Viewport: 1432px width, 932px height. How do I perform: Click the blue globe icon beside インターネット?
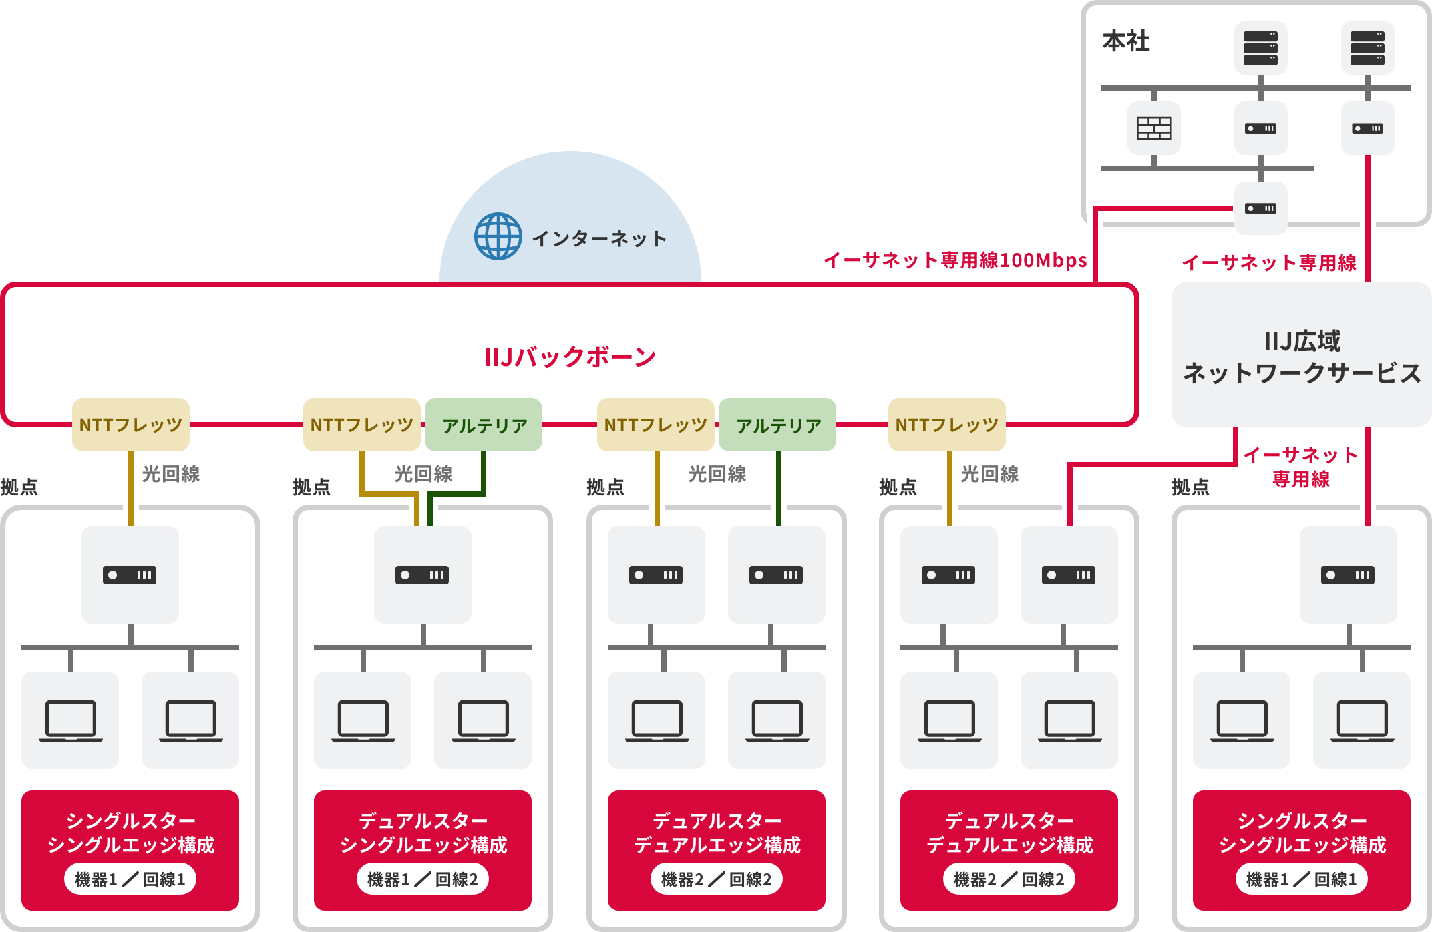coord(498,236)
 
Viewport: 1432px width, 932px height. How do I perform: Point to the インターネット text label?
coord(599,238)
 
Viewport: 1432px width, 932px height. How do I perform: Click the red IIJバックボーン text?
coord(570,357)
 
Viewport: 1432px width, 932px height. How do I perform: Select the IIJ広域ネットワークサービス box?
coord(1301,355)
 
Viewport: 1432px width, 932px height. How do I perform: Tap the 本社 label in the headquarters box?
coord(1126,41)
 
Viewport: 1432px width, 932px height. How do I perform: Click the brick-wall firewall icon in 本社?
coord(1153,128)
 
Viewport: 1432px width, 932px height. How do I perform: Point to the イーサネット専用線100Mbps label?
coord(955,260)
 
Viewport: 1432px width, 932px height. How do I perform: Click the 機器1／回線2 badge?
coord(422,879)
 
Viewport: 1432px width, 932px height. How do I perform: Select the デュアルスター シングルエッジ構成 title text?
coord(423,833)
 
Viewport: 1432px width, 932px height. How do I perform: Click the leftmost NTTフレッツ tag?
coord(131,425)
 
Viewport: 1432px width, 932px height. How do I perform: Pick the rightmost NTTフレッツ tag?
coord(946,425)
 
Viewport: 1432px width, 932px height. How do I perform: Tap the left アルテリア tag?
coord(484,425)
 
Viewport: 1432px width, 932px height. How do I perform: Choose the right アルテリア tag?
coord(777,425)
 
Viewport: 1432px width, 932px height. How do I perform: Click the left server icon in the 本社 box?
coord(1260,48)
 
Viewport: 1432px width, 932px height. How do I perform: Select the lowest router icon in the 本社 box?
coord(1260,208)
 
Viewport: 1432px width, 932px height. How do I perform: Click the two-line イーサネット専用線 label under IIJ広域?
coord(1300,467)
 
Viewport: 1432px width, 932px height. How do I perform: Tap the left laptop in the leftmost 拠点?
coord(70,720)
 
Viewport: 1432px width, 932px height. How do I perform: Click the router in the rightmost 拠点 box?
coord(1348,575)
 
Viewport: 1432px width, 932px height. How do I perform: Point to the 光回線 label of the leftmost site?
coord(171,474)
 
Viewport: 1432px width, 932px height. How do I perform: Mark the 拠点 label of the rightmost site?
coord(1190,487)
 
